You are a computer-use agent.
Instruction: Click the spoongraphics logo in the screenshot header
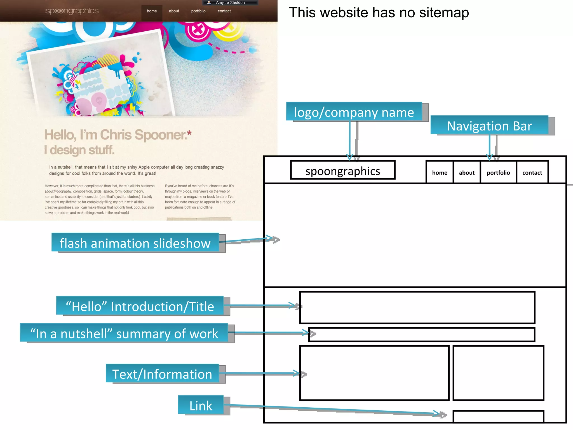click(72, 11)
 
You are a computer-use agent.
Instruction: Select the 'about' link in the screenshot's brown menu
click(174, 11)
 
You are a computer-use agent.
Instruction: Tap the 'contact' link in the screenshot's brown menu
click(224, 11)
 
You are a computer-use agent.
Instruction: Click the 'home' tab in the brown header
click(152, 11)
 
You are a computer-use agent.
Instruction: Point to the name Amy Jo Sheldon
click(230, 3)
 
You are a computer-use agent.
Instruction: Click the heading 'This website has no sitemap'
click(379, 13)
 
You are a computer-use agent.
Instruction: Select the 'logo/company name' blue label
click(354, 112)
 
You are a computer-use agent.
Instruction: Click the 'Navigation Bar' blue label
click(489, 126)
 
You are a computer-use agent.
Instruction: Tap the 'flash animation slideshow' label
click(135, 243)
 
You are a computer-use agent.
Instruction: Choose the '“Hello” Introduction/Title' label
click(140, 306)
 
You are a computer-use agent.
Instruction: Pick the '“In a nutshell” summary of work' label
click(124, 333)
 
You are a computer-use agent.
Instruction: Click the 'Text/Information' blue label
click(162, 374)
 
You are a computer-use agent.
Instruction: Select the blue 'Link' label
click(201, 405)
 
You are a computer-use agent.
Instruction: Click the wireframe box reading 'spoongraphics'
click(343, 171)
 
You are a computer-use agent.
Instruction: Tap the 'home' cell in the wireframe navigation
click(440, 172)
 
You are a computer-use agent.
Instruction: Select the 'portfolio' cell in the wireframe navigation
click(498, 172)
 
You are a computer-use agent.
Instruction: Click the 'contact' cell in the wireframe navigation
click(532, 172)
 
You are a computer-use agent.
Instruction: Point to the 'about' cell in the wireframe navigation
click(467, 172)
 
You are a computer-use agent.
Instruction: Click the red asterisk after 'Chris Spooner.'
click(189, 133)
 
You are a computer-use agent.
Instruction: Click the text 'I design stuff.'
click(79, 150)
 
